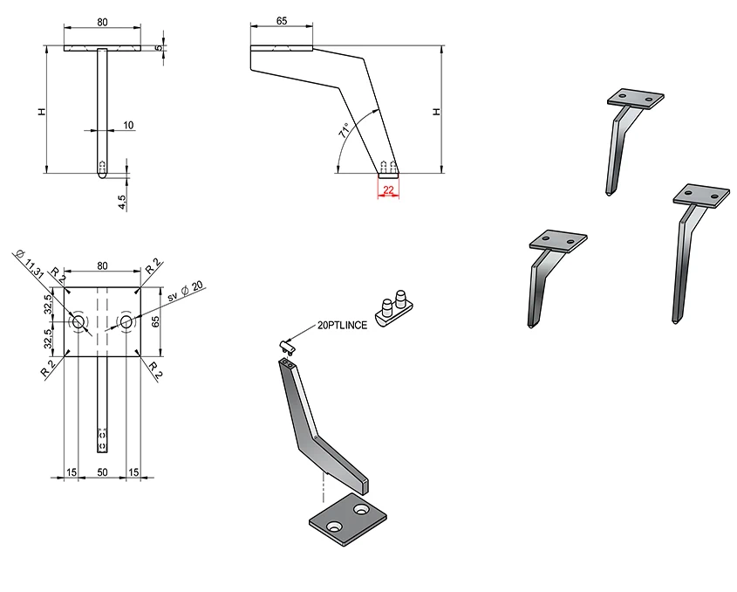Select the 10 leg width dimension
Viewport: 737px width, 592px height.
click(128, 126)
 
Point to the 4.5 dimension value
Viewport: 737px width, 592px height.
click(122, 200)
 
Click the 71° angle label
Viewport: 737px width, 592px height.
click(345, 132)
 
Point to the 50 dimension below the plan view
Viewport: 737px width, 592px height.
click(102, 472)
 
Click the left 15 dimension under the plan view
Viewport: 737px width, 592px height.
click(72, 472)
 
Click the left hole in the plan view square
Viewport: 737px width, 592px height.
click(78, 323)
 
